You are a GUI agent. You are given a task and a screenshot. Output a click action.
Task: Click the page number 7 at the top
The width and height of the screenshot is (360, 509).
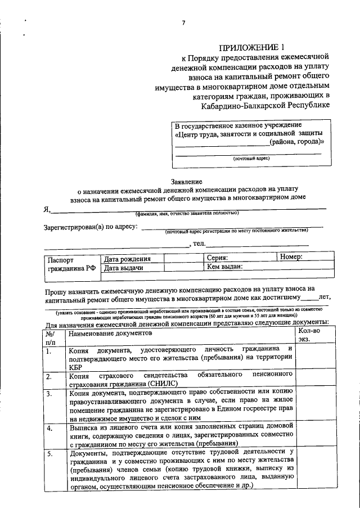(x=183, y=22)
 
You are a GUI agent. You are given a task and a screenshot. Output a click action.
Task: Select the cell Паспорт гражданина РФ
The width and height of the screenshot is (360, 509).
(x=71, y=264)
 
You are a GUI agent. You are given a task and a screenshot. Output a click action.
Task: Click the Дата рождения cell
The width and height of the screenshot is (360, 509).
(x=127, y=259)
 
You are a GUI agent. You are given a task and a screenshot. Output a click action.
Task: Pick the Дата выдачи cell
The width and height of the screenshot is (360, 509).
(x=124, y=269)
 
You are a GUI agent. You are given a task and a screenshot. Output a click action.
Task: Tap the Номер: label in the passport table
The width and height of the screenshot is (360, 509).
(x=291, y=257)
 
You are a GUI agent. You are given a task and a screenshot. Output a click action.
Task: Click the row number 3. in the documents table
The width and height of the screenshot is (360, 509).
(x=49, y=394)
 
